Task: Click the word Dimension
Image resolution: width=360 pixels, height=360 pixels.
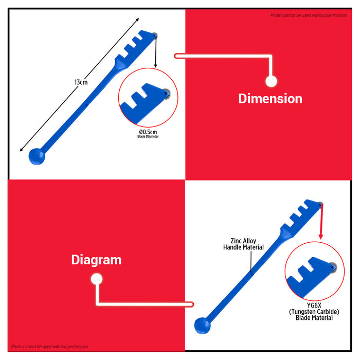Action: [x=270, y=99]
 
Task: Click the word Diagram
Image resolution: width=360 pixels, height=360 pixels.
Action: [x=96, y=260]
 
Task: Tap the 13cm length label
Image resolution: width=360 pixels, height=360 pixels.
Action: [x=81, y=82]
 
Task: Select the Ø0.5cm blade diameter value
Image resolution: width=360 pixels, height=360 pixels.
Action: [x=148, y=132]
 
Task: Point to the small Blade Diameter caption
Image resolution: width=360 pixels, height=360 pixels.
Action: [x=148, y=136]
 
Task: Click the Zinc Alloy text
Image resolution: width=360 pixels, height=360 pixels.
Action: [x=243, y=241]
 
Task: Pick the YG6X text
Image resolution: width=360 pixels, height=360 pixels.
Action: [x=314, y=305]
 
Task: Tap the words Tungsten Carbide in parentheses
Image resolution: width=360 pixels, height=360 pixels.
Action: [x=314, y=312]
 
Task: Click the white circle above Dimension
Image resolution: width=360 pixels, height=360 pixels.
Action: [x=271, y=81]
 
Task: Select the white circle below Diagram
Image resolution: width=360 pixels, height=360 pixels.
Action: [x=97, y=279]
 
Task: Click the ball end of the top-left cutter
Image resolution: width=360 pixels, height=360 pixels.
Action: [x=37, y=156]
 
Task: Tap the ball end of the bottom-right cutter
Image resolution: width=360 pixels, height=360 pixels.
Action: [x=202, y=326]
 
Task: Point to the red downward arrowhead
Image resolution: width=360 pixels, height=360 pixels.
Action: [x=321, y=237]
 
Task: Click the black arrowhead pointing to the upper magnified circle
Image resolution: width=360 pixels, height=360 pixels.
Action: [x=155, y=66]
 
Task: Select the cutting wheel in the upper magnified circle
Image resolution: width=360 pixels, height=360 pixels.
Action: [x=167, y=94]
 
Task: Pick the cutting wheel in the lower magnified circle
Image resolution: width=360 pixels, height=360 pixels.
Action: [x=333, y=267]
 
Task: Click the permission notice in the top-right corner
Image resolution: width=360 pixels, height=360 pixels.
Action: [x=309, y=15]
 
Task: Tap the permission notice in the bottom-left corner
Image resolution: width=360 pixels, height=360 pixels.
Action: [x=49, y=347]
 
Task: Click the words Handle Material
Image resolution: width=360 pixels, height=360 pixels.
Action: [x=243, y=247]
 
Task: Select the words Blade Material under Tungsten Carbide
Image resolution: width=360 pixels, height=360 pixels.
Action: [x=314, y=318]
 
